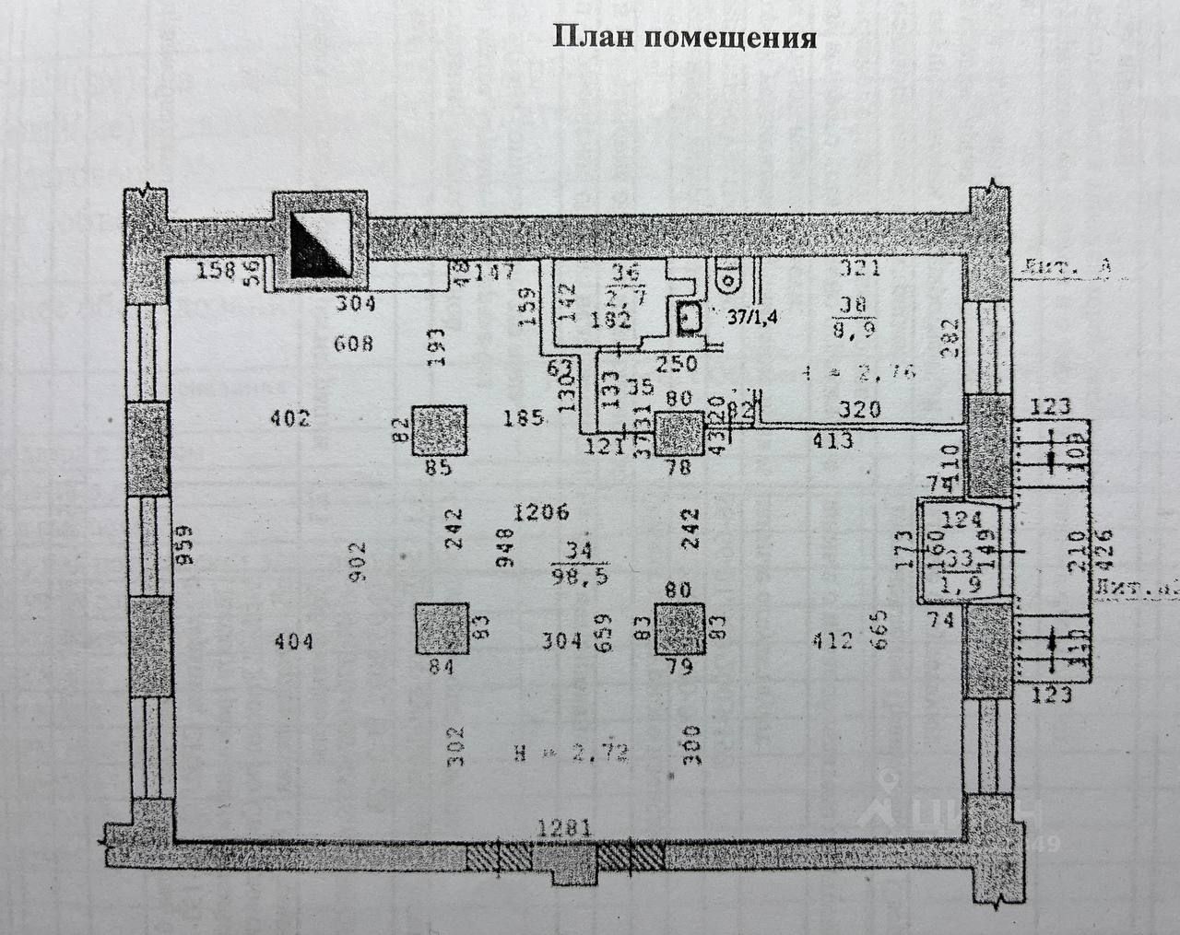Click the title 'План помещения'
683,37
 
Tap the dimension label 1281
563,829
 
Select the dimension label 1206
541,512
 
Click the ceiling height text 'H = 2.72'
572,754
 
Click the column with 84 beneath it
442,629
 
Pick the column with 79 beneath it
681,628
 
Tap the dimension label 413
832,441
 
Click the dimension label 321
859,268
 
